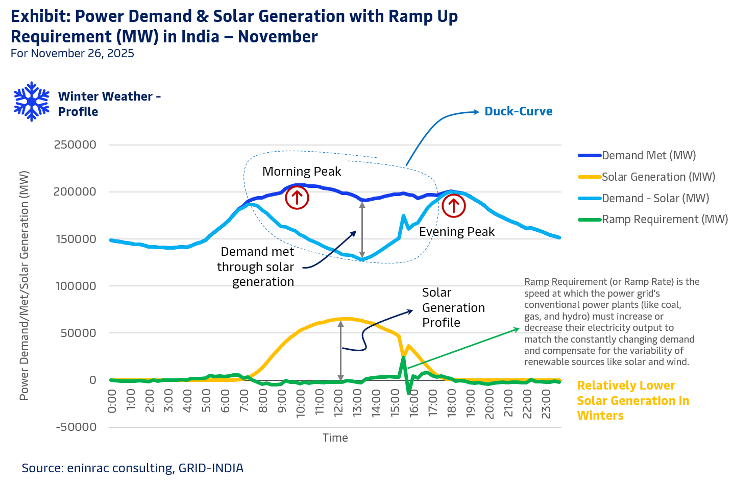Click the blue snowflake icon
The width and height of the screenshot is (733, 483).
pos(32,102)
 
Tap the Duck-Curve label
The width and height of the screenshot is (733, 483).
pos(518,111)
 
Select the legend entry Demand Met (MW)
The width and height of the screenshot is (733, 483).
pos(648,155)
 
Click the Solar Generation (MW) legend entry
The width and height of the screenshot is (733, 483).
pos(658,177)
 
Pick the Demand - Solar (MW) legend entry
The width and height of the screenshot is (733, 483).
pos(655,198)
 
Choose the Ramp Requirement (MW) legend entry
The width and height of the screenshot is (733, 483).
pos(664,220)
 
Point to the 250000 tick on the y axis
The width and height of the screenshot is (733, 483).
pos(75,145)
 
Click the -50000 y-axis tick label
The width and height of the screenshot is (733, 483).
pos(76,427)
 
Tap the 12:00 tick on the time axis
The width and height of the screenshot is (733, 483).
pos(338,403)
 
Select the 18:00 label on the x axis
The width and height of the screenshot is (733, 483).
pos(452,403)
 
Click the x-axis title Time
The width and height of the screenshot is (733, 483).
pos(335,438)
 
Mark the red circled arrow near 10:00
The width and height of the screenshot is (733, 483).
pos(297,198)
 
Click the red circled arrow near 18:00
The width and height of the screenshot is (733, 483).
pos(453,206)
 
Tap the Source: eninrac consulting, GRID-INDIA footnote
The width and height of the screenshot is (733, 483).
pos(133,468)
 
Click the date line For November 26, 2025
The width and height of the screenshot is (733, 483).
pos(72,54)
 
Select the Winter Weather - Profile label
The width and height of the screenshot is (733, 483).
pos(109,104)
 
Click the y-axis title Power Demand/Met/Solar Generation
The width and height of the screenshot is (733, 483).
pos(24,285)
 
